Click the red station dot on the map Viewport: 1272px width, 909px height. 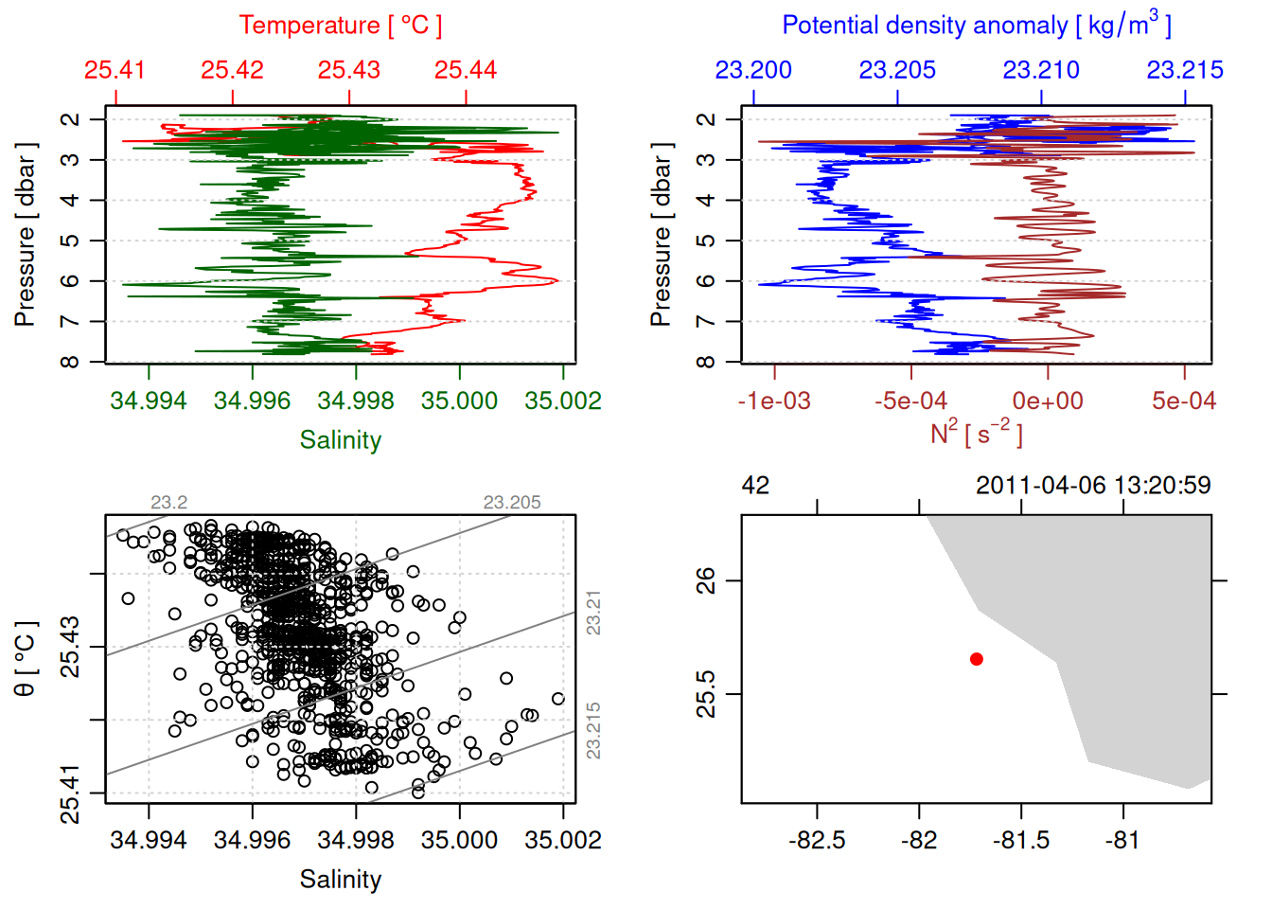(976, 659)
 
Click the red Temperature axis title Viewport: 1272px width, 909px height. (340, 26)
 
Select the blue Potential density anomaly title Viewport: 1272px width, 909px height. (976, 25)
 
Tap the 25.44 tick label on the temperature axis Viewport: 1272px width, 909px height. (466, 70)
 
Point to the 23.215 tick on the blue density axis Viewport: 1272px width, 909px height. (1185, 70)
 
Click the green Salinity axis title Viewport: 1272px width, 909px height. (340, 440)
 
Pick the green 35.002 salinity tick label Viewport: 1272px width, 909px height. (563, 401)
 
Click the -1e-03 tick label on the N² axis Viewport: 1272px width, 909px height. (774, 401)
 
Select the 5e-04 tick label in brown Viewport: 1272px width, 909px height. (1184, 401)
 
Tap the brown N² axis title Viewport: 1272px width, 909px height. (976, 433)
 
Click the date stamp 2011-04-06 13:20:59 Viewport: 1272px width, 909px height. (1093, 486)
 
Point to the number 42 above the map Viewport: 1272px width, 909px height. (755, 486)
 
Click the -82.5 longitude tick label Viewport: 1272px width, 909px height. (817, 840)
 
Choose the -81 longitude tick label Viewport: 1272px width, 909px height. (1123, 840)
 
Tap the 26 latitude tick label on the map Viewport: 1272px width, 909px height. (706, 579)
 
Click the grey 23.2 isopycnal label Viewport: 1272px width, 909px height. (168, 503)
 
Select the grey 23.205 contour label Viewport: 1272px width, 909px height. (512, 503)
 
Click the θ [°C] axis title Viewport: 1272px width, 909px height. (26, 659)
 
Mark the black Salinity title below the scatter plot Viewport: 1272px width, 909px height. (340, 880)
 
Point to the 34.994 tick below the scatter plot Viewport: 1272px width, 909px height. (149, 840)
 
